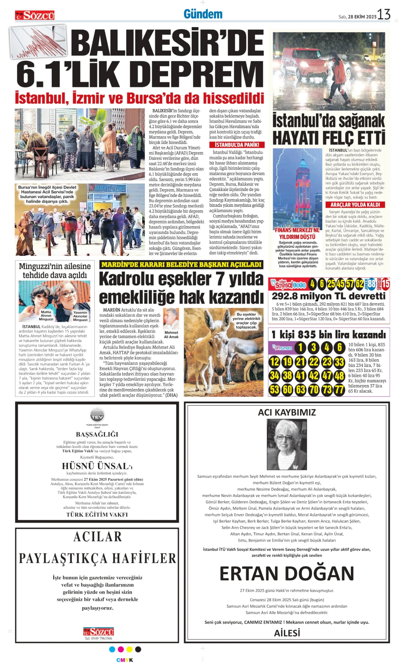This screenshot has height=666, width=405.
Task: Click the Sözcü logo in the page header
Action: (35, 15)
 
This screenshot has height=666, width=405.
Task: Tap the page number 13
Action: (384, 14)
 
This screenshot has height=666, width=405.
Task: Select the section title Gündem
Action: (203, 14)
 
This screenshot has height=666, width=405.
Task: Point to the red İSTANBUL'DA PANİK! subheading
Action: (237, 145)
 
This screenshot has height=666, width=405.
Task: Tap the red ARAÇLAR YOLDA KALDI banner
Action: (355, 205)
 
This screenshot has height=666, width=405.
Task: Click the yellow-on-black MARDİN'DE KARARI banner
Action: (181, 265)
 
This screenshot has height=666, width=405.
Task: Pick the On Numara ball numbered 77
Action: (340, 390)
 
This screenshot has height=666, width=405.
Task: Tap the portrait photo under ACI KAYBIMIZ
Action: (286, 444)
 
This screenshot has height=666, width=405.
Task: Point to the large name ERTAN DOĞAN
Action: (287, 574)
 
